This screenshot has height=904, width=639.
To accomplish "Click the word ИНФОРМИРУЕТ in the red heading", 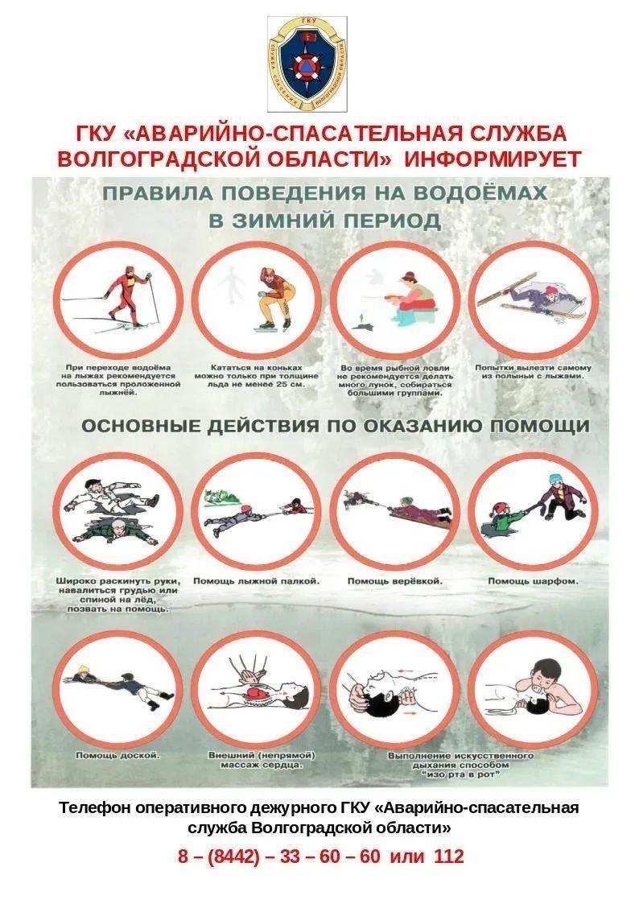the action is pos(493,159).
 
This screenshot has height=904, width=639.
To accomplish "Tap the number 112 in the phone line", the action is pos(449,857).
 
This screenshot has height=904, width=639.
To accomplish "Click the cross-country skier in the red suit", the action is pos(128,298).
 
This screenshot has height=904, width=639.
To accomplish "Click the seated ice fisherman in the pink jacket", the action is pos(414,297).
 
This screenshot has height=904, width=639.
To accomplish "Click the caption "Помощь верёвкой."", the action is pos(394,581).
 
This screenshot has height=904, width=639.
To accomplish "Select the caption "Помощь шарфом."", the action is pos(533,581).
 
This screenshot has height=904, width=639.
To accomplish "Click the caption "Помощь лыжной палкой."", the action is pos(256,581).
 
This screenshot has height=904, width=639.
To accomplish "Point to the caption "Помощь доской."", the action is pos(118,755).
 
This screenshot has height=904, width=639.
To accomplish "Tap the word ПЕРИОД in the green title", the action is pos(393,221).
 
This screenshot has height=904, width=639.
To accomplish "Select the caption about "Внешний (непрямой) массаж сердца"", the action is pos(262,761).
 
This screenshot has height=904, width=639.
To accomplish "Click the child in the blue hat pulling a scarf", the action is pos(561,496).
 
